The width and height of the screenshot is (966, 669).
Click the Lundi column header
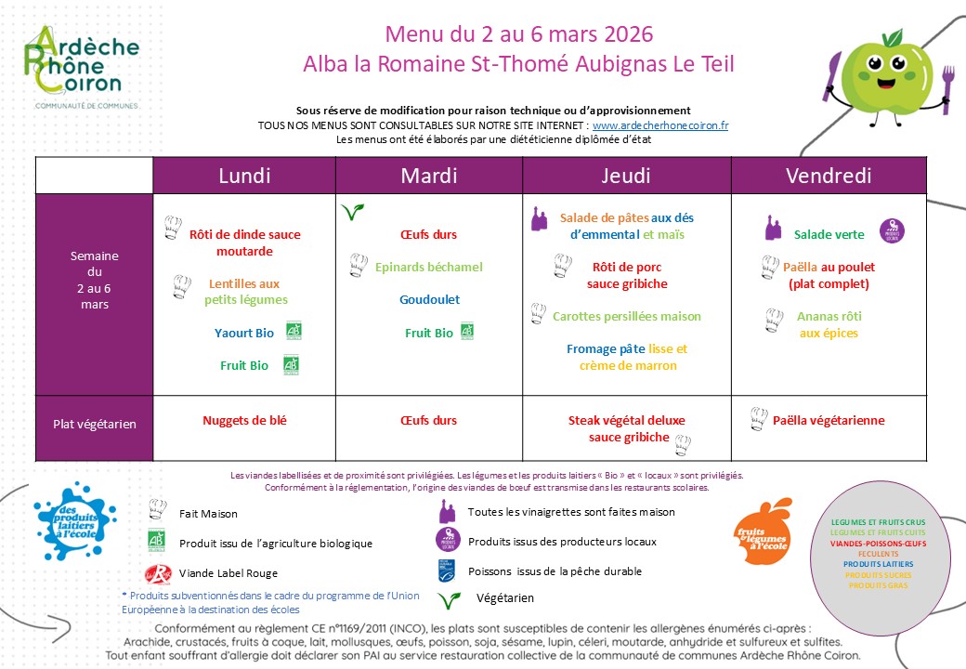coord(244,176)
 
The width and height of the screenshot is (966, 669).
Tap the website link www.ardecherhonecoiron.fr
coord(660,125)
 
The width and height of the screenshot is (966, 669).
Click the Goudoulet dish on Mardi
coord(429,300)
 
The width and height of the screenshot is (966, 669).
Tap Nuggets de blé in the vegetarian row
coord(244,420)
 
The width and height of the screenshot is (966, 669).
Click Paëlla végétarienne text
coord(829,420)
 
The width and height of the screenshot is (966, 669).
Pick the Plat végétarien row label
coord(94,425)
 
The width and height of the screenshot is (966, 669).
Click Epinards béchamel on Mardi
coord(429,268)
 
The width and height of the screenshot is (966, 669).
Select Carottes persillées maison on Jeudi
coord(626,316)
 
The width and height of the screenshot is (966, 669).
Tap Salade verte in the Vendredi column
coord(829,234)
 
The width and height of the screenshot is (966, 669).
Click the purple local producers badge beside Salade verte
coord(892,231)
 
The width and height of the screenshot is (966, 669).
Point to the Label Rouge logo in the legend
coord(157,572)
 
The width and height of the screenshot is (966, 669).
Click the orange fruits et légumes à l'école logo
coord(763,531)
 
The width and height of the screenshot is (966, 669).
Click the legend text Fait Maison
coord(208,513)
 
